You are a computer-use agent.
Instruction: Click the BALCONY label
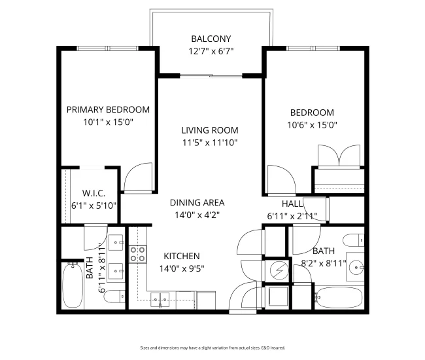(x=211, y=39)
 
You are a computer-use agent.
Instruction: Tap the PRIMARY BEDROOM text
(x=108, y=109)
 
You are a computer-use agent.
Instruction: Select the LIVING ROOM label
(x=210, y=130)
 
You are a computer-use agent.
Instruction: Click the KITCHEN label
(x=181, y=256)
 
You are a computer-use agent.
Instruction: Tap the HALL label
(x=292, y=204)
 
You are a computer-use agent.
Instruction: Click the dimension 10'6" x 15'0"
(x=312, y=124)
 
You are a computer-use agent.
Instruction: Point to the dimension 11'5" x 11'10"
(x=210, y=142)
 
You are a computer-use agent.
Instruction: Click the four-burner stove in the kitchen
(x=137, y=253)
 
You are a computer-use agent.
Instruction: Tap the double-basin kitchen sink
(x=161, y=300)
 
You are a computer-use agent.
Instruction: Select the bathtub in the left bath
(x=71, y=286)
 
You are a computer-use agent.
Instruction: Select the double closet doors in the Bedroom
(x=338, y=156)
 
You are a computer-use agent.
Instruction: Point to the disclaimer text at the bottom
(x=212, y=348)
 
